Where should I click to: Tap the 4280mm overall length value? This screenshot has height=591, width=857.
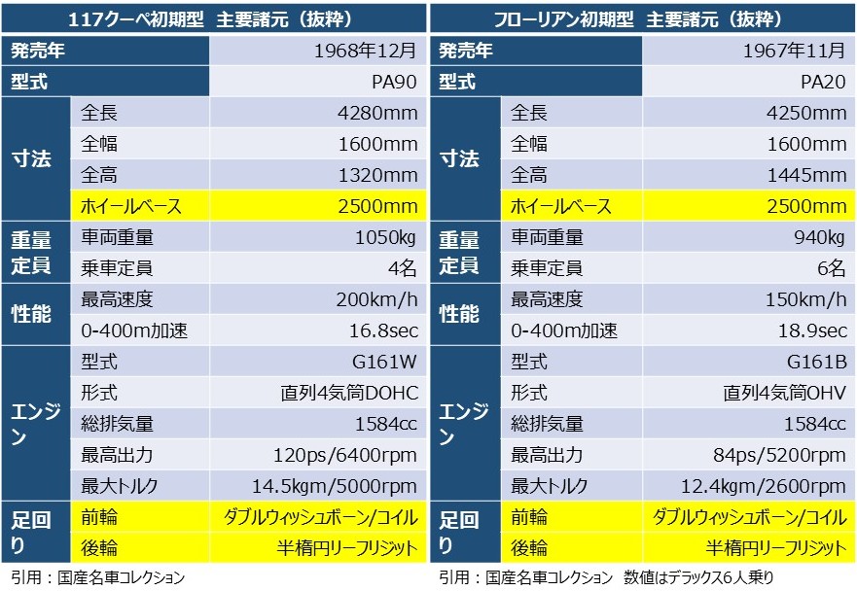pyautogui.click(x=377, y=114)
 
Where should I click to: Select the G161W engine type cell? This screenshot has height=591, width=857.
pyautogui.click(x=384, y=363)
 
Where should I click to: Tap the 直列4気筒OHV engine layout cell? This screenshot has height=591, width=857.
pyautogui.click(x=784, y=394)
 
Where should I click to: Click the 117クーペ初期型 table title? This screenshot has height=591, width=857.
pyautogui.click(x=214, y=19)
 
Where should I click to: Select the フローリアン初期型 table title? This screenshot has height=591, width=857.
pyautogui.click(x=643, y=19)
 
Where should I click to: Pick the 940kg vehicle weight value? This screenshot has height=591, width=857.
pyautogui.click(x=818, y=237)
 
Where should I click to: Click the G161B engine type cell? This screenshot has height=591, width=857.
pyautogui.click(x=814, y=363)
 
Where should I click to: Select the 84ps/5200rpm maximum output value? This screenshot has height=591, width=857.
pyautogui.click(x=784, y=455)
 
